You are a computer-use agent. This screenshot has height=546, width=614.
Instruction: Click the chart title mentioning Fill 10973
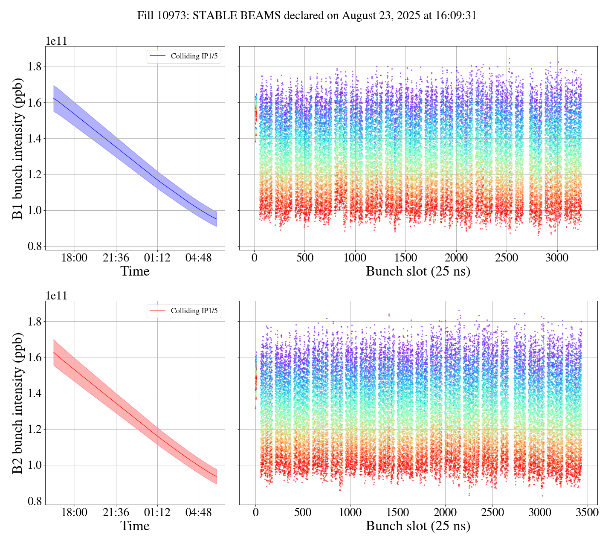(307, 16)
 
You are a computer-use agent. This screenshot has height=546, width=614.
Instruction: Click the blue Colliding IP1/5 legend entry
(184, 56)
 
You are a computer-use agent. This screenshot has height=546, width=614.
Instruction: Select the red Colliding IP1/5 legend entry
(184, 311)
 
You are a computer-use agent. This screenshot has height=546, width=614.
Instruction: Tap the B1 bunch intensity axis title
(17, 148)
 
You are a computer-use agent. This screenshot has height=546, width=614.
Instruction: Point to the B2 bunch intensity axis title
(17, 403)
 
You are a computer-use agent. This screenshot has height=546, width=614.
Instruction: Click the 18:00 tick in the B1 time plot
(75, 258)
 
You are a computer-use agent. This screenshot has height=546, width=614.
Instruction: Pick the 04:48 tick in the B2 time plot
(199, 512)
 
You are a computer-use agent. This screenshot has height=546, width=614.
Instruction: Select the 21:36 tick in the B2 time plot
(116, 512)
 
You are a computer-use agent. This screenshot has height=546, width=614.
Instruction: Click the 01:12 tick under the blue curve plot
(157, 258)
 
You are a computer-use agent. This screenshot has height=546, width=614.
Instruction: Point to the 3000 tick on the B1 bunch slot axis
(557, 258)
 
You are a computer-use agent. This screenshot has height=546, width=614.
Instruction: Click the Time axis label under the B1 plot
(135, 271)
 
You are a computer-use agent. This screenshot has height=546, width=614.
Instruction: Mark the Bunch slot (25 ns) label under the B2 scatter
(418, 526)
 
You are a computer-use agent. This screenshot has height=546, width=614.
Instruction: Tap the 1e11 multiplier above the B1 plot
(56, 41)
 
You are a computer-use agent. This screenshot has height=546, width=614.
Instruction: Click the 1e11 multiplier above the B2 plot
(56, 296)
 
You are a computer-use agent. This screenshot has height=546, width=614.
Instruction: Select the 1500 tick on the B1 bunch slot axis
(405, 258)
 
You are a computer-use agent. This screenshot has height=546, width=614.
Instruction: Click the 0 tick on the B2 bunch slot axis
(255, 512)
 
